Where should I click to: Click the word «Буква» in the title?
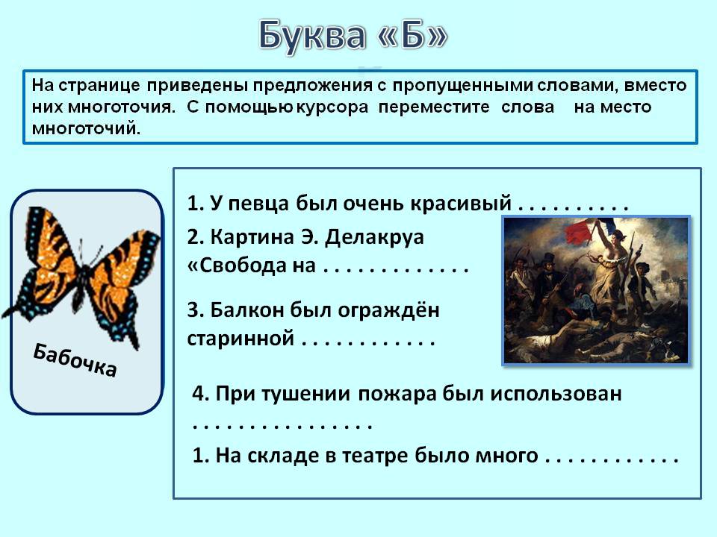click(x=312, y=36)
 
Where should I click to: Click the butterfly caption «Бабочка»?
click(x=75, y=360)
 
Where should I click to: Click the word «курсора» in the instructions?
click(x=332, y=107)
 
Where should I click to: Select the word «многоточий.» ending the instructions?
click(x=86, y=128)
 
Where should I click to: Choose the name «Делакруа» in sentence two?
click(x=374, y=237)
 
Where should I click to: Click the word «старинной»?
click(x=240, y=339)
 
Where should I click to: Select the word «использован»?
click(x=556, y=394)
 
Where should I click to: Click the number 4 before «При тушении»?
click(x=197, y=394)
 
